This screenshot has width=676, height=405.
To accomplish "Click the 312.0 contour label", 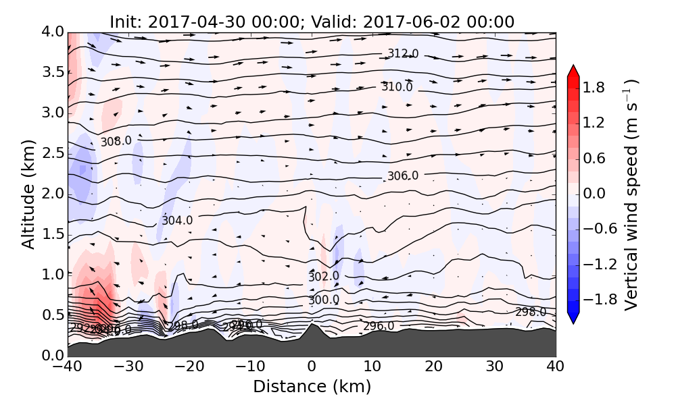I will click(402, 54).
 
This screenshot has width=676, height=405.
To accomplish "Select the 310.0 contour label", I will click(397, 87).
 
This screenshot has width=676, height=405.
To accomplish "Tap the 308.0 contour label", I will click(116, 142).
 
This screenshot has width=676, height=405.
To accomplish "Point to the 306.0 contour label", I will click(402, 176).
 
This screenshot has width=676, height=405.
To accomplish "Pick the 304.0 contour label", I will click(177, 221).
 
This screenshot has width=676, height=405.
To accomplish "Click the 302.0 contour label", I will click(324, 277).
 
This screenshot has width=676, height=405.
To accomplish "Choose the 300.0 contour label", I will click(324, 300).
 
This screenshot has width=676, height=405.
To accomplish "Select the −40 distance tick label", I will click(68, 368).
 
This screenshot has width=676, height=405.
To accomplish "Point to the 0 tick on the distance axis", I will click(312, 368).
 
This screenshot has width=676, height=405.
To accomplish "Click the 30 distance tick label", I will click(495, 368).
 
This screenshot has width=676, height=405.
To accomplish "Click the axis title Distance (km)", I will click(312, 387).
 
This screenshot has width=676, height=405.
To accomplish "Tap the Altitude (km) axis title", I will click(28, 194).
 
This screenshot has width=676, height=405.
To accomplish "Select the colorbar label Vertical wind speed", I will click(631, 194).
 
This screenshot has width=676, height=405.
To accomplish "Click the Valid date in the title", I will click(439, 22).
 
